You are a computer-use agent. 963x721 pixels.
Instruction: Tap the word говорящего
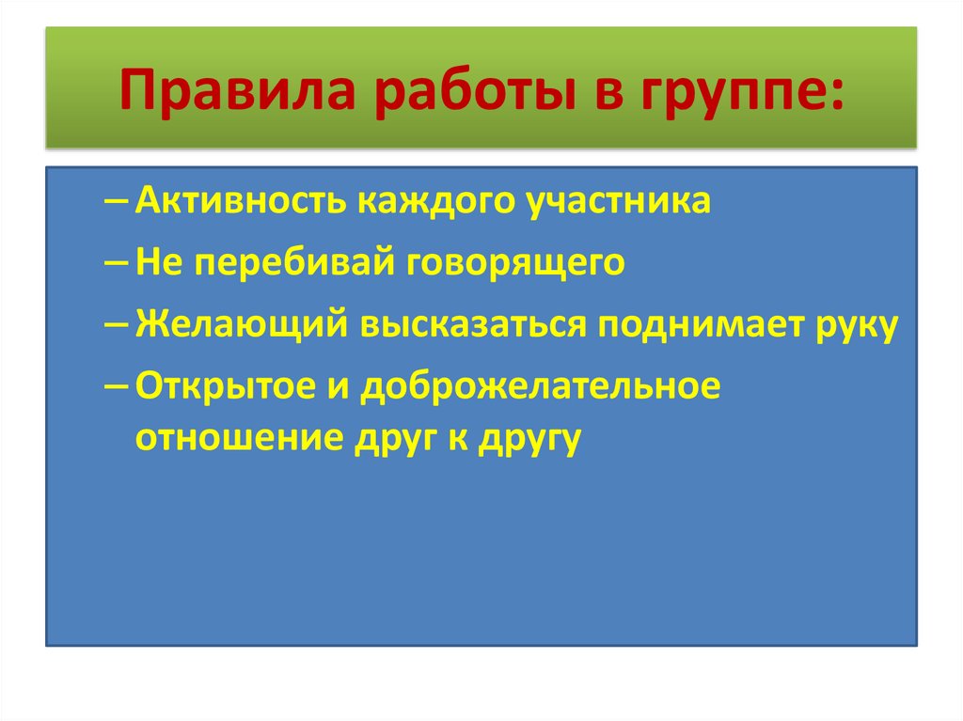[516, 263]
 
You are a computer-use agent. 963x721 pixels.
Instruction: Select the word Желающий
[239, 324]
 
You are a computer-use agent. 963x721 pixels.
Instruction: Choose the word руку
[850, 324]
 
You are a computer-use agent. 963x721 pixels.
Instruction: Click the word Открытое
[231, 386]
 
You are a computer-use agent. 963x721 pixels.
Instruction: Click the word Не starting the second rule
[154, 263]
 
